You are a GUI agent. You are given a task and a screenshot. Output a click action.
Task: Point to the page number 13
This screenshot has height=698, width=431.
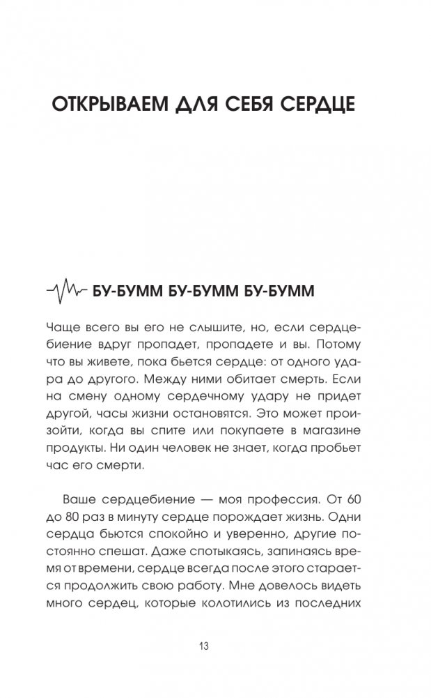point(203,646)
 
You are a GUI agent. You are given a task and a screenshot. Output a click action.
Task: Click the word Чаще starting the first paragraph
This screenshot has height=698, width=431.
point(61,328)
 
